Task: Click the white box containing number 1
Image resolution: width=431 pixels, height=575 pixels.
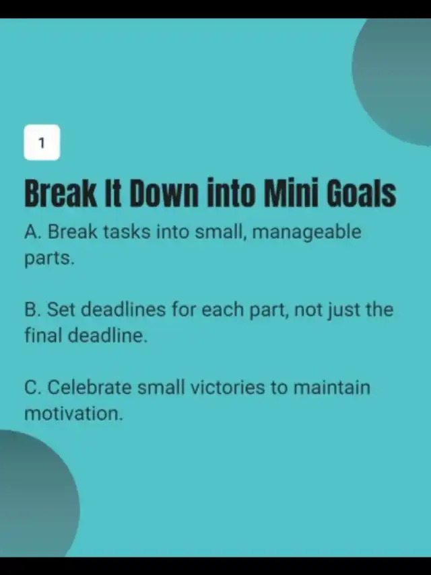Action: [x=42, y=143]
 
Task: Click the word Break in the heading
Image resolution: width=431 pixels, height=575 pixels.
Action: [x=61, y=193]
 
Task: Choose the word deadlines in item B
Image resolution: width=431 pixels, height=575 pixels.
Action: [x=123, y=309]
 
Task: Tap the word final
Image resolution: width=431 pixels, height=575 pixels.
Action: [x=43, y=335]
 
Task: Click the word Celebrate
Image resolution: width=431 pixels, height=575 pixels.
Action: [x=90, y=387]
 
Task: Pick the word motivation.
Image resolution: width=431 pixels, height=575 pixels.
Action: [x=73, y=414]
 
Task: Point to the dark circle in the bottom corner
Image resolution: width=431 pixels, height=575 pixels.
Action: [x=37, y=494]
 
